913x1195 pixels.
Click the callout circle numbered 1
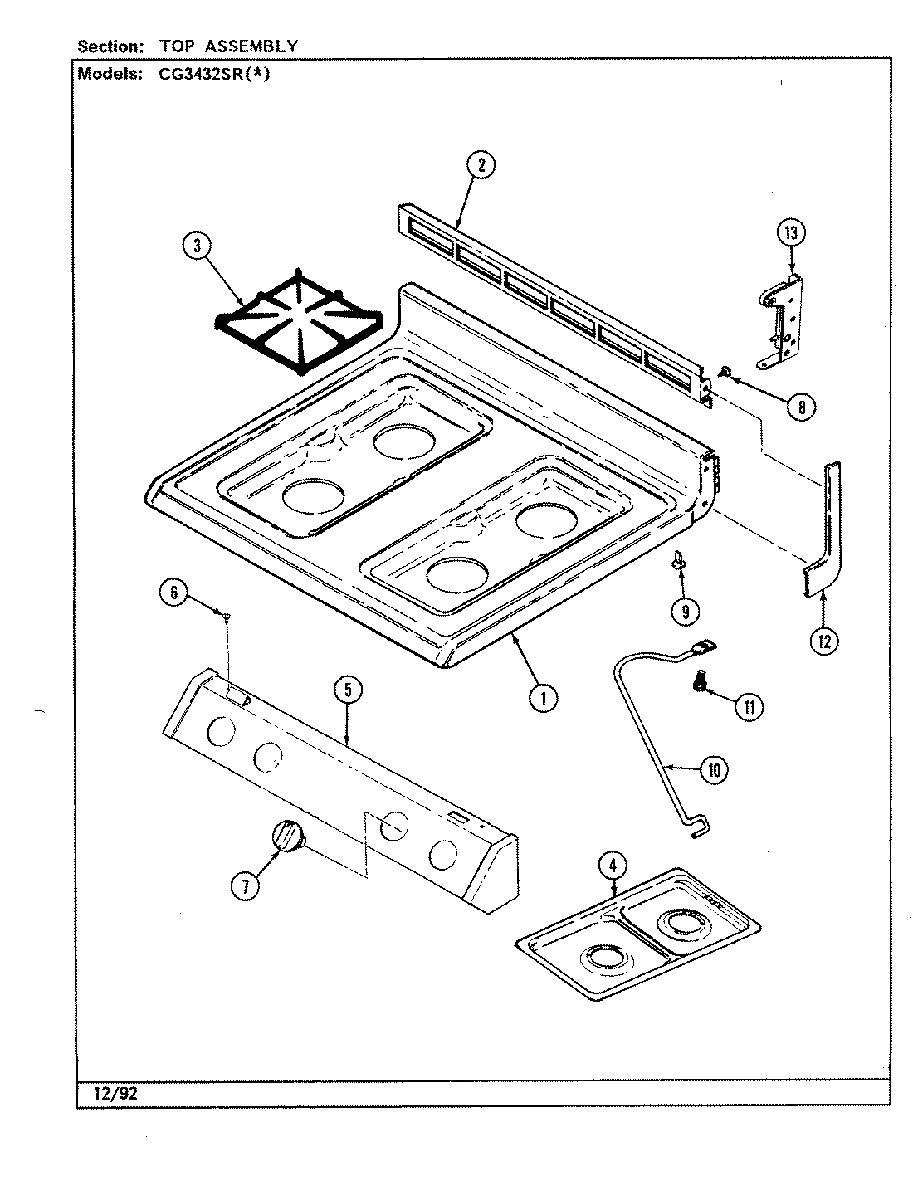[x=544, y=698]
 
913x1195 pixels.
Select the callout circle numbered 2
[x=481, y=166]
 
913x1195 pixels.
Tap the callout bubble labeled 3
[x=198, y=245]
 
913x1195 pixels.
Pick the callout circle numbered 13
[x=790, y=233]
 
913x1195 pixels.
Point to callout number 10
[x=712, y=770]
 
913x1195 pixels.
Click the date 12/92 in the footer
[x=109, y=1094]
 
